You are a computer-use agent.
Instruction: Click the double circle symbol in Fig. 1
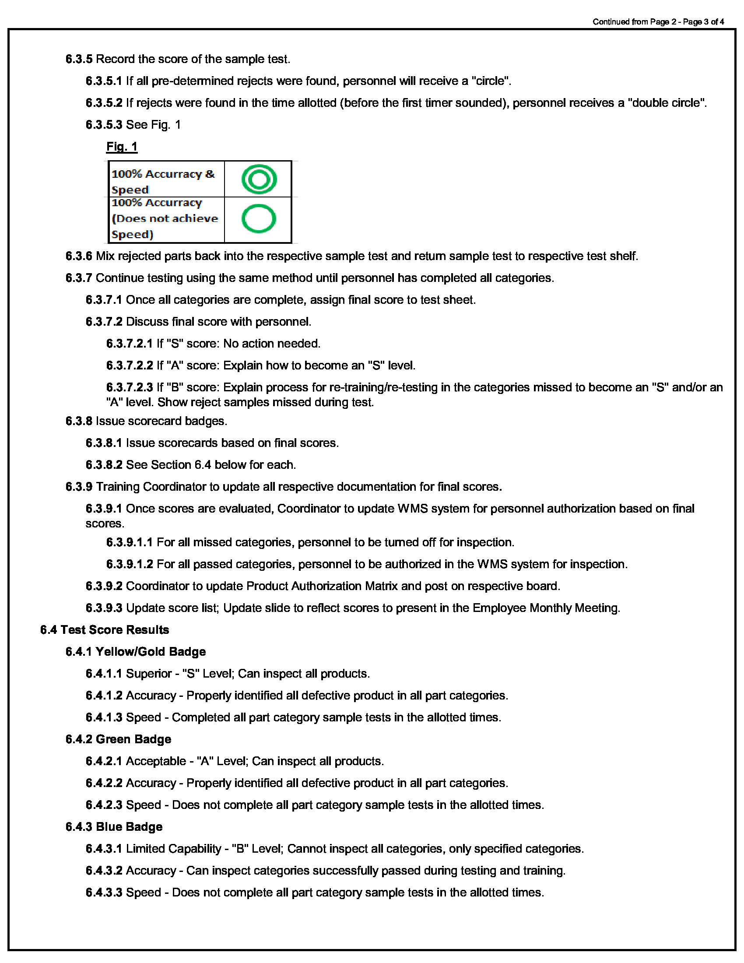[259, 179]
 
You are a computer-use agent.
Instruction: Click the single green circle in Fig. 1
[259, 219]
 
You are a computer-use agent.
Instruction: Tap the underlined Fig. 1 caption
[122, 146]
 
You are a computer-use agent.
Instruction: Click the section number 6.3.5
[79, 59]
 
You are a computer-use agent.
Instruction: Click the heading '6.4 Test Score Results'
[105, 629]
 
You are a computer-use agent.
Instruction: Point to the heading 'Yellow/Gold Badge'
[150, 652]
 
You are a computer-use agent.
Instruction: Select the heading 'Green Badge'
[133, 739]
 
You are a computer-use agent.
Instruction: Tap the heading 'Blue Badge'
[129, 827]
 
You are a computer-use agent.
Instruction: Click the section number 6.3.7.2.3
[130, 387]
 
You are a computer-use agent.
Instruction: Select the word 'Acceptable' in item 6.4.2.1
[156, 761]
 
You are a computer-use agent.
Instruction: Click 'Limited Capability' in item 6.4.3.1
[173, 849]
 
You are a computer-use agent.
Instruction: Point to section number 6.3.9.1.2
[130, 564]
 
